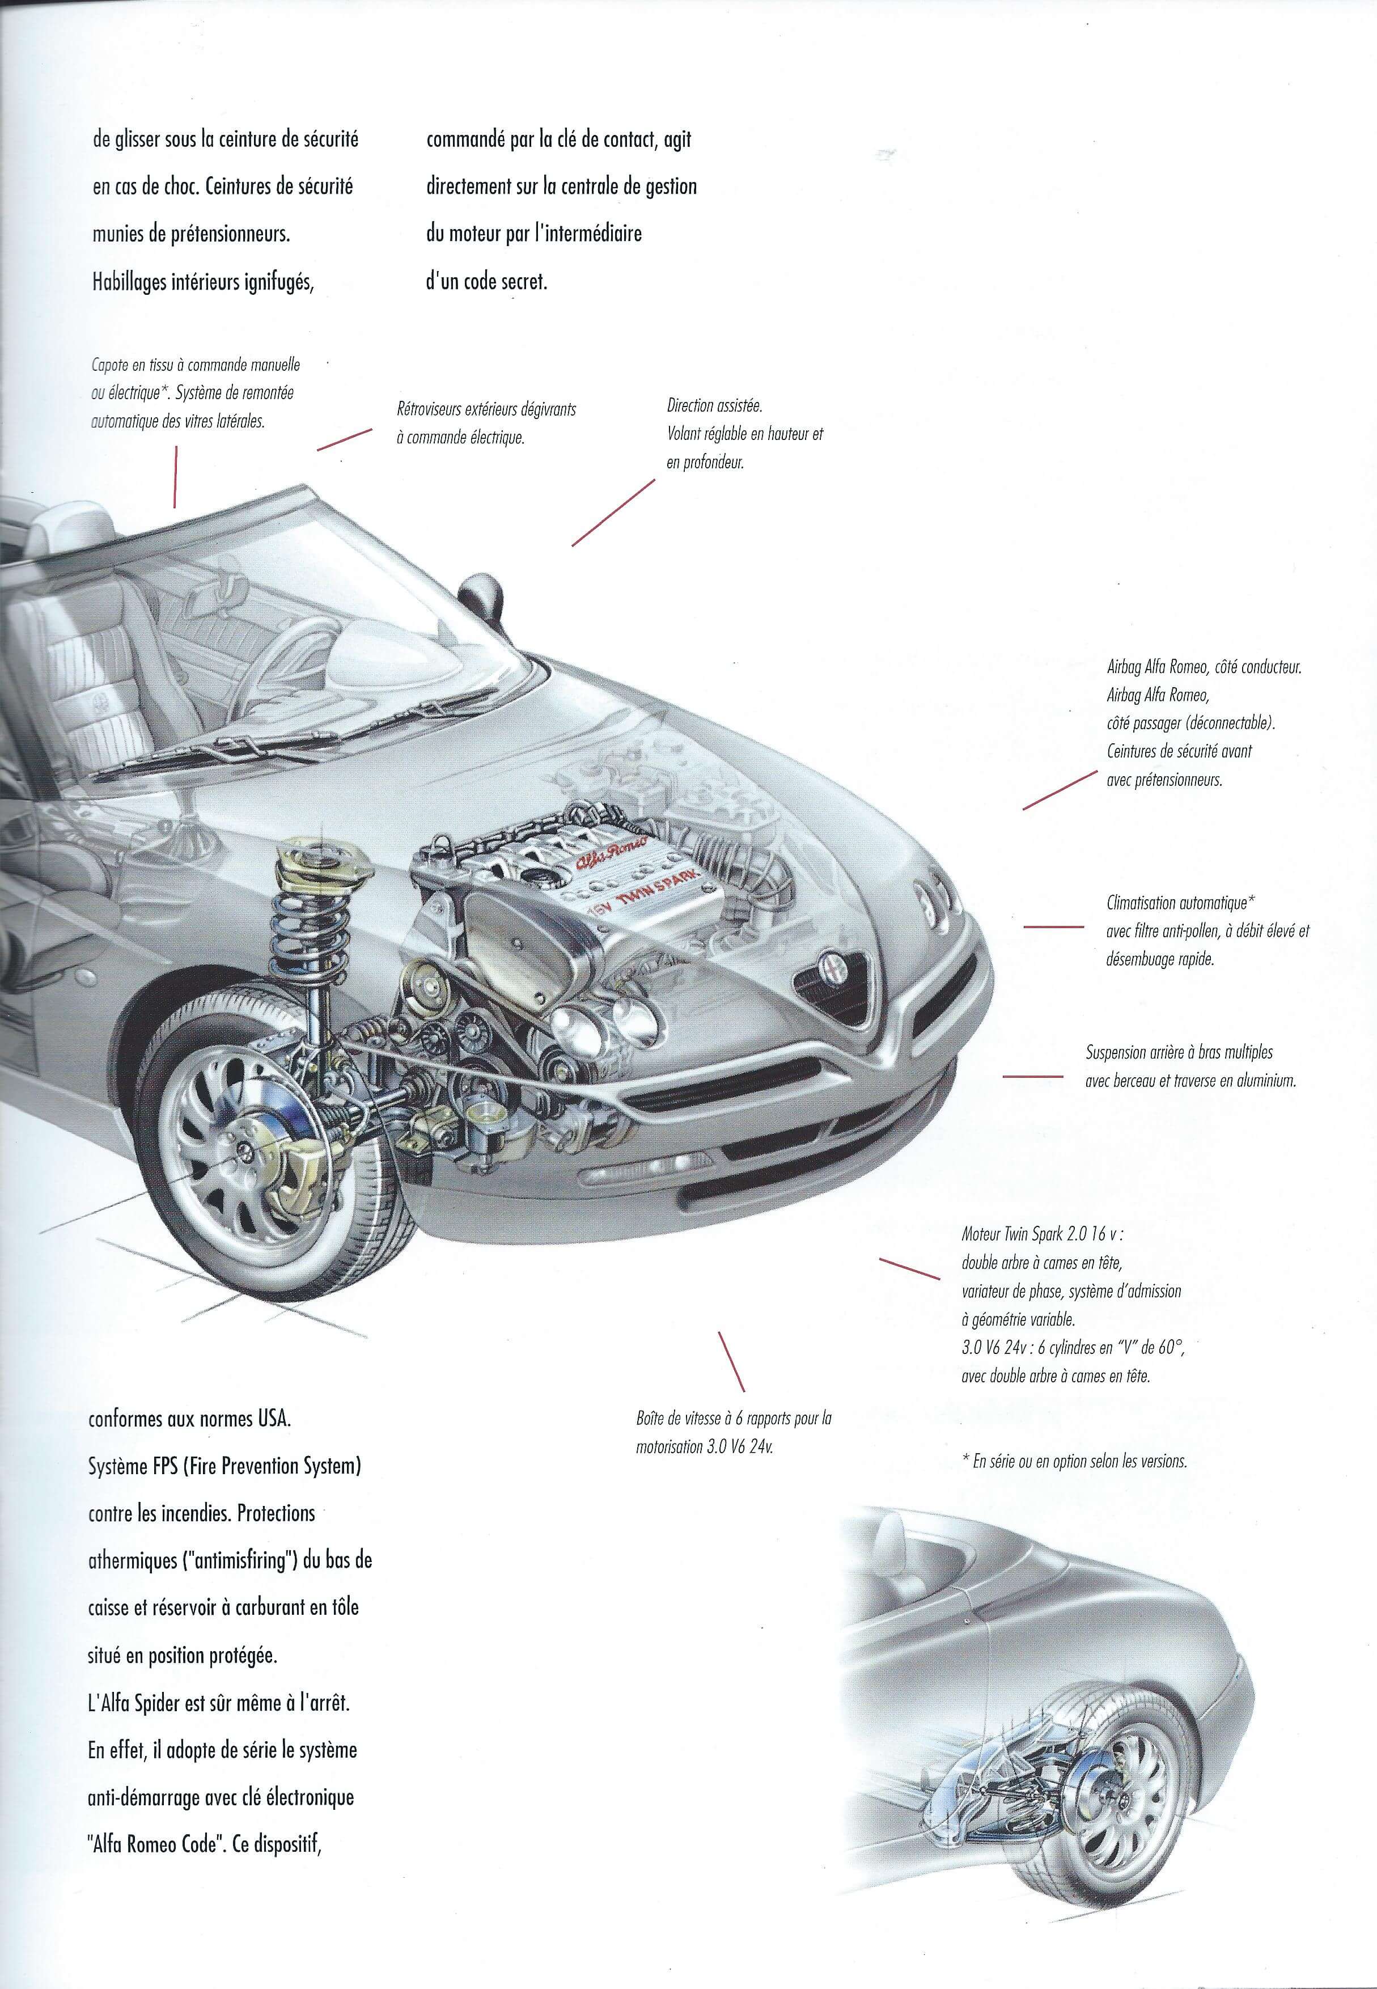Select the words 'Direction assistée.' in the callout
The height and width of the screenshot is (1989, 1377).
click(x=714, y=405)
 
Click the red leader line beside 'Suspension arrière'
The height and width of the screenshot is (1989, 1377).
click(x=1031, y=1076)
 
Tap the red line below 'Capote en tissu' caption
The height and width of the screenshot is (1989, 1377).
click(x=175, y=476)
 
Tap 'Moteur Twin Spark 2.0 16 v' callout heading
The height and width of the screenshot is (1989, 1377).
click(x=1041, y=1234)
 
